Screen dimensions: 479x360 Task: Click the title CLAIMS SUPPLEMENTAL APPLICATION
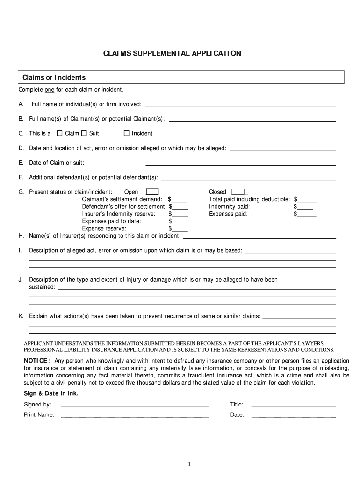[x=173, y=53]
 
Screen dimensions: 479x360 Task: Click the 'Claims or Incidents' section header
[x=51, y=77]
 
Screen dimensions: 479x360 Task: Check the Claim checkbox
[x=59, y=133]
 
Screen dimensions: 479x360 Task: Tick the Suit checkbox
[x=84, y=133]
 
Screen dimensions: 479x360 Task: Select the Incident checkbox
[x=126, y=133]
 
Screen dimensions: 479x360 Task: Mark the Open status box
[x=152, y=191]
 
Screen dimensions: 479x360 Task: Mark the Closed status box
[x=238, y=191]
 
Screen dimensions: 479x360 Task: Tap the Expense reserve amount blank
[x=180, y=229]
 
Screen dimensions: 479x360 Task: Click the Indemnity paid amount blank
[x=305, y=207]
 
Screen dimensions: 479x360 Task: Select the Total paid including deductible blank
[x=307, y=200]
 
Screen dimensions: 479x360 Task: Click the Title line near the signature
[x=294, y=405]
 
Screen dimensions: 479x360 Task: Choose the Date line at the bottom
[x=294, y=415]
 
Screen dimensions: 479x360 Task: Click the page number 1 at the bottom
[x=189, y=464]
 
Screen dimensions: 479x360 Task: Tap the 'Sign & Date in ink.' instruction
[x=51, y=393]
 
